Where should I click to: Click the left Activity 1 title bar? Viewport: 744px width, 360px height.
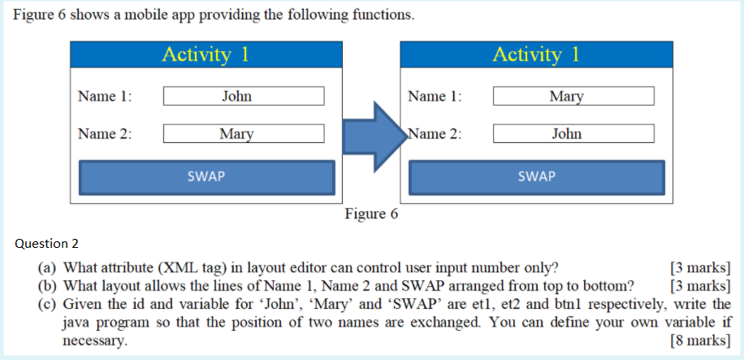pos(205,54)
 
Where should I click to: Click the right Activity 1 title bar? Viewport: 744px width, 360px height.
pos(536,54)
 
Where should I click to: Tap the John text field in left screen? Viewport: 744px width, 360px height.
pos(244,97)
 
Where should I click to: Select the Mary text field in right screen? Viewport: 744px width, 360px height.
pos(573,97)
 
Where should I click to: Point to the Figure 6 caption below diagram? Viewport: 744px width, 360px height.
pos(371,214)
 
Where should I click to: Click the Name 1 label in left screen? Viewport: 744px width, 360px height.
pos(105,97)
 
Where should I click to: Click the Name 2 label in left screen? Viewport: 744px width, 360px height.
pos(105,134)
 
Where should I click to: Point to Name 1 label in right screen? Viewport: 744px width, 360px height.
pos(435,97)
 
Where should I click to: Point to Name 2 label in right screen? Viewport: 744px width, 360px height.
pos(435,134)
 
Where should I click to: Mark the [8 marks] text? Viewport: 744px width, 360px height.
pos(699,340)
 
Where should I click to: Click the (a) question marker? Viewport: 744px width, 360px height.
pos(49,267)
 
